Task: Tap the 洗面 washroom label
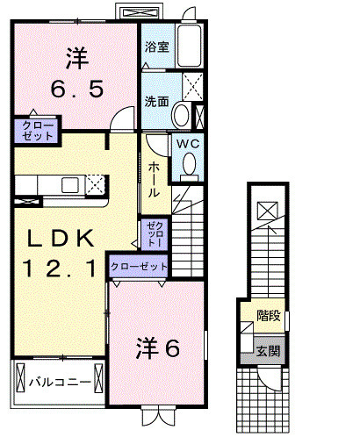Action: click(158, 101)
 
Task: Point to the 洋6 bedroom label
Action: click(159, 348)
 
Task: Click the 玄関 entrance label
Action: click(268, 350)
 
